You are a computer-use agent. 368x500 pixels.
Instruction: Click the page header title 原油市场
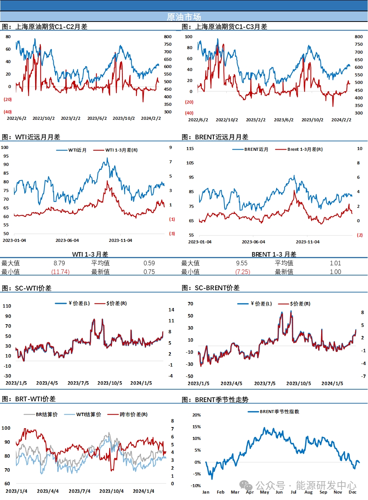click(184, 17)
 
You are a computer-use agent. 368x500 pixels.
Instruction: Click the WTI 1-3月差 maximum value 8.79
click(59, 263)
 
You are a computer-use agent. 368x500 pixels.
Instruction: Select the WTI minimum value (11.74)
click(60, 272)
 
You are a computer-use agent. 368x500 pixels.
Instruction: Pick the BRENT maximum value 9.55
click(242, 263)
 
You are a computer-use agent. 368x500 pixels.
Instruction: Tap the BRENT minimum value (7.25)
click(243, 272)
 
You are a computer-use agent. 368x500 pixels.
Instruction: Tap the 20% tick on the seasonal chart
click(196, 415)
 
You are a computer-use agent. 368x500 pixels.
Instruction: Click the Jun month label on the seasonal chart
click(279, 492)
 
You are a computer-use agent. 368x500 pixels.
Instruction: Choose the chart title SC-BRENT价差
click(217, 288)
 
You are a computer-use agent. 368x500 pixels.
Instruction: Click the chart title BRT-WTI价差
click(35, 399)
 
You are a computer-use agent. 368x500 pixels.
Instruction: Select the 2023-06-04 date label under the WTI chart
click(67, 240)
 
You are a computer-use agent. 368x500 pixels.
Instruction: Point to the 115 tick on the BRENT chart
click(190, 149)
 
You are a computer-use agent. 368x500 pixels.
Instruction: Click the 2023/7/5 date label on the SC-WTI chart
click(78, 383)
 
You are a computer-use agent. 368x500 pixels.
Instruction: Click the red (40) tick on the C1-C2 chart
click(8, 112)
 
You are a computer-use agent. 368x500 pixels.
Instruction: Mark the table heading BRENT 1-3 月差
click(274, 254)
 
